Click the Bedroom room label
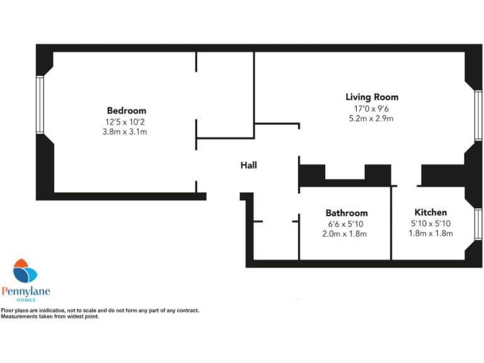[126, 110]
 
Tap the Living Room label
[372, 97]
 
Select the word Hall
[248, 166]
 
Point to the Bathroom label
[347, 213]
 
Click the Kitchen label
[430, 212]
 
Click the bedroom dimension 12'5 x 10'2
[126, 122]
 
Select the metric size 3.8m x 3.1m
[126, 132]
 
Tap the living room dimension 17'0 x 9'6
[372, 108]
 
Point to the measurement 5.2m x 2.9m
[372, 118]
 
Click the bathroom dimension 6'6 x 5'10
[346, 224]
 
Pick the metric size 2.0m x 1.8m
[346, 234]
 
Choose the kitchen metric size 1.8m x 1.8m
[430, 234]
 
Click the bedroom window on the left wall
[40, 105]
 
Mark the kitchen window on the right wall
[478, 225]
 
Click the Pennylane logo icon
[25, 272]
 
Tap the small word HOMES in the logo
[26, 300]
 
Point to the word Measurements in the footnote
[17, 316]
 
